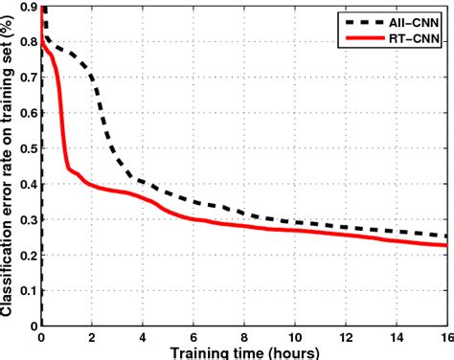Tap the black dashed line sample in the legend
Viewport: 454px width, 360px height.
click(357, 17)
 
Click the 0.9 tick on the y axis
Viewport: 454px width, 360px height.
click(29, 8)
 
